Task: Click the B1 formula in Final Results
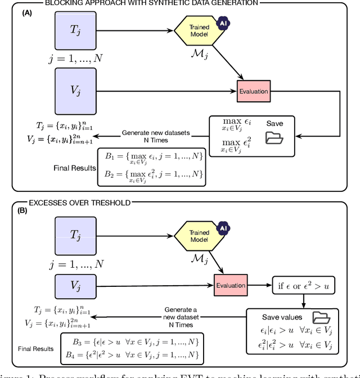[151, 157]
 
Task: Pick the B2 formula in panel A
[151, 174]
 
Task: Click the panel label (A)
[26, 12]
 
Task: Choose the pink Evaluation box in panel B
[231, 285]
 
